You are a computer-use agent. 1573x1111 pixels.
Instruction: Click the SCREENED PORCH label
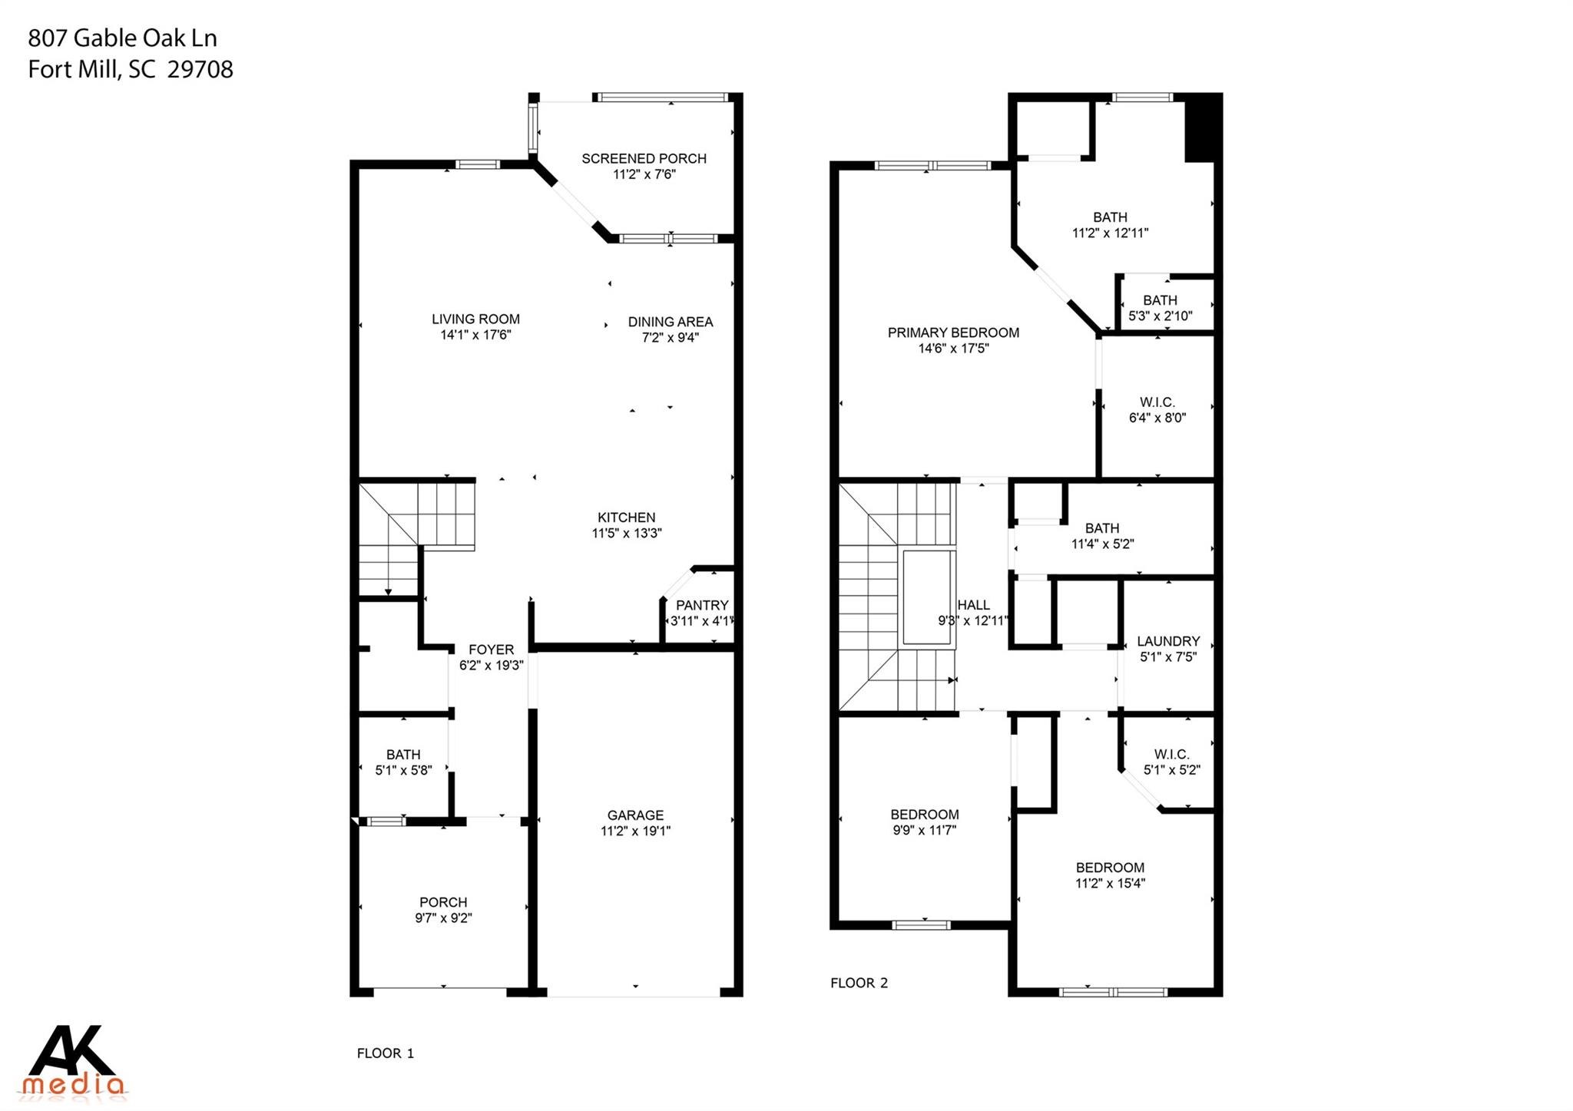[x=644, y=159]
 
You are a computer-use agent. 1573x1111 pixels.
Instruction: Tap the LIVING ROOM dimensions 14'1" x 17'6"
[x=475, y=336]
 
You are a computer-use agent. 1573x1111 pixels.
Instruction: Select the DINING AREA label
[x=670, y=322]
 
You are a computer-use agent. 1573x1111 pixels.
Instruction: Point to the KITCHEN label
[x=626, y=517]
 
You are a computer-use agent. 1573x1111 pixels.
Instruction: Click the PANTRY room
[x=701, y=613]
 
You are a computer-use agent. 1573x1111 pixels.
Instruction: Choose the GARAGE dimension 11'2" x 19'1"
[x=635, y=831]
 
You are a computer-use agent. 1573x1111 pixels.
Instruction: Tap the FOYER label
[x=491, y=650]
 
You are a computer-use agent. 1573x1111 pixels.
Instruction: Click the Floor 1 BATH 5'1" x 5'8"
[x=403, y=762]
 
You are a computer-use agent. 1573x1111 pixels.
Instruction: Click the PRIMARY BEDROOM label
[x=953, y=332]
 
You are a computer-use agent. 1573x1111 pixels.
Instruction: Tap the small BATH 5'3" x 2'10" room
[x=1160, y=308]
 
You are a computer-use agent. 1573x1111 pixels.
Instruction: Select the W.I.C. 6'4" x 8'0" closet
[x=1157, y=410]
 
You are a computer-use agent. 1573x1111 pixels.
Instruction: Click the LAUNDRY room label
[x=1168, y=641]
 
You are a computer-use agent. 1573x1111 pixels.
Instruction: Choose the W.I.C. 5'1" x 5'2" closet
[x=1171, y=762]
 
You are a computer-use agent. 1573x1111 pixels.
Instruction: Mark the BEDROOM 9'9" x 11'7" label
[x=924, y=815]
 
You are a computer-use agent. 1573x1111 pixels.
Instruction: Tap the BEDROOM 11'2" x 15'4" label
[x=1110, y=868]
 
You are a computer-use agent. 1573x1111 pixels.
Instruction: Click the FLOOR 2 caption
[x=859, y=983]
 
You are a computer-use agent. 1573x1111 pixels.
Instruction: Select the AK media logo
[x=73, y=1060]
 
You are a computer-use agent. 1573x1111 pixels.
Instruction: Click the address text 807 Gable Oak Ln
[x=123, y=38]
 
